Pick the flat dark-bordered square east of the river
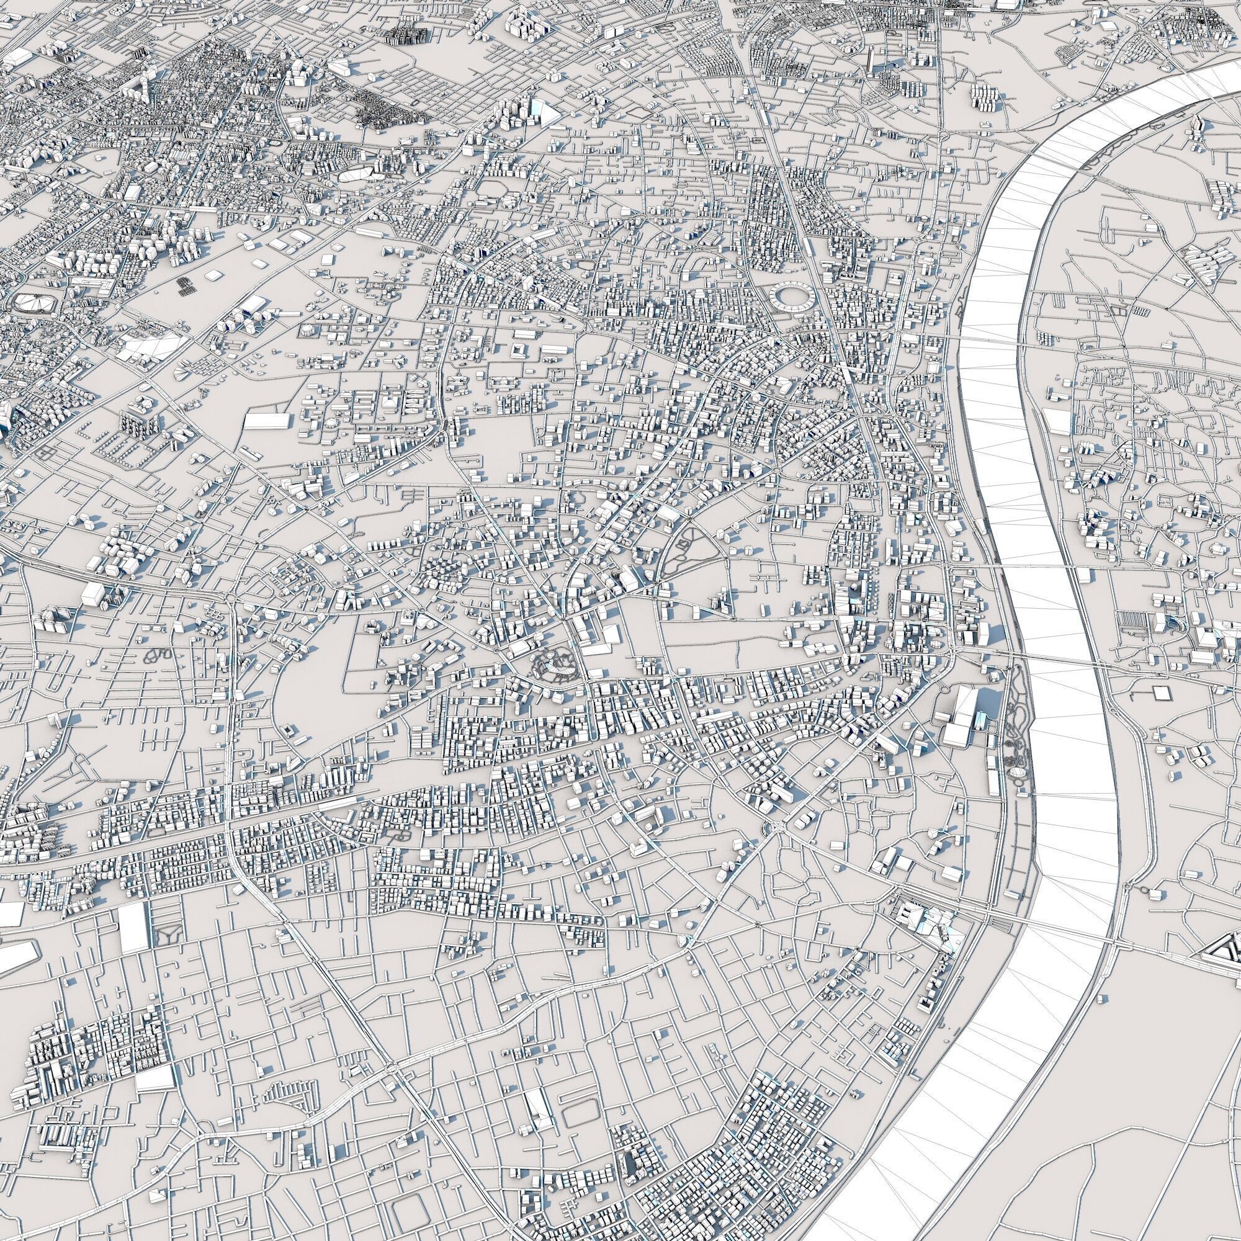click(1161, 693)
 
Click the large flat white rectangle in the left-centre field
click(267, 420)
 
